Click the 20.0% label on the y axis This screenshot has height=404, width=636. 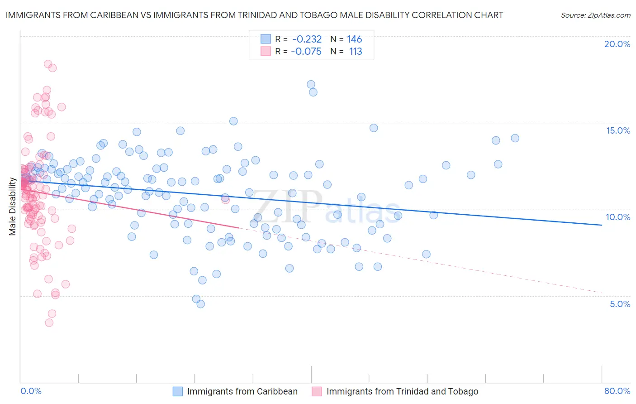click(x=617, y=44)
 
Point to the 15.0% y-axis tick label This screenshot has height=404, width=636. click(x=618, y=130)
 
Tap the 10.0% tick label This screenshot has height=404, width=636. click(x=618, y=217)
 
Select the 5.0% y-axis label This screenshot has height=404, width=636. click(x=620, y=304)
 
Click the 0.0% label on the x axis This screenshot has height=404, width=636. click(x=31, y=391)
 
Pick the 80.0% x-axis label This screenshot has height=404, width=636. click(x=617, y=391)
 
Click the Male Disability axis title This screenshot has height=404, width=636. click(x=13, y=207)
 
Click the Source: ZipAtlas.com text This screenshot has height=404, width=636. click(x=595, y=15)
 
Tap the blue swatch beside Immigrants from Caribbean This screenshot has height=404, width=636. click(x=178, y=391)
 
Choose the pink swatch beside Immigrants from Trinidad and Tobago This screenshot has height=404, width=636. click(x=317, y=391)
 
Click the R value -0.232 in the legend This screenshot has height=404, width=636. click(x=307, y=39)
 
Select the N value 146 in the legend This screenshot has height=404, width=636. click(x=355, y=39)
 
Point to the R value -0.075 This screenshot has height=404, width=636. click(x=306, y=52)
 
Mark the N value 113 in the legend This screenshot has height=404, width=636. click(x=356, y=52)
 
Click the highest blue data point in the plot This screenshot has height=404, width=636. click(x=311, y=84)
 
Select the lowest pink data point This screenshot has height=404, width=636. click(x=49, y=322)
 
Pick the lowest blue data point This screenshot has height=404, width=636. click(x=200, y=304)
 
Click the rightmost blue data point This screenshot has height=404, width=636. click(x=515, y=138)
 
